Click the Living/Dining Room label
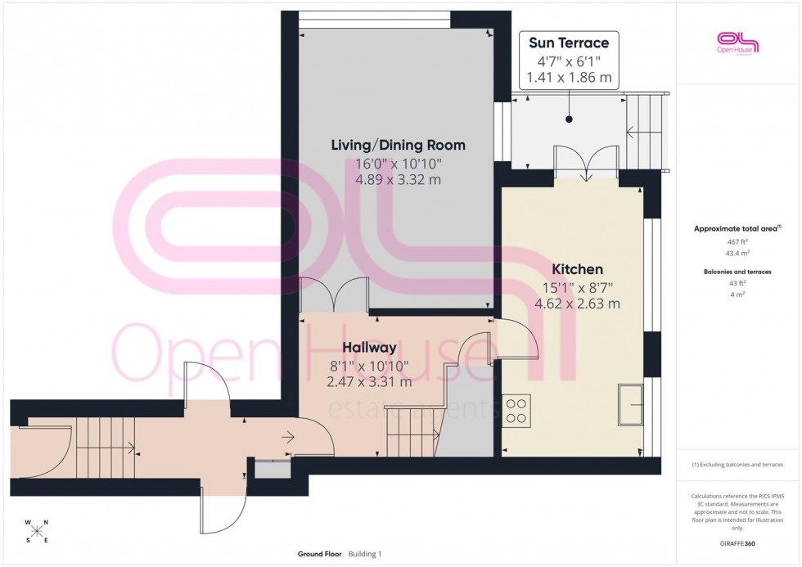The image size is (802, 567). [x=398, y=145]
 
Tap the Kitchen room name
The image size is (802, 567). [x=577, y=269]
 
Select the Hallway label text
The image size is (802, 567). [x=370, y=348]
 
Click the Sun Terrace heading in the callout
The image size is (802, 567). [x=568, y=43]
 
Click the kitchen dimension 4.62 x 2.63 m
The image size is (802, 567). [x=577, y=303]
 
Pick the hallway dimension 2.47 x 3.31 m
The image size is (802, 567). [x=370, y=381]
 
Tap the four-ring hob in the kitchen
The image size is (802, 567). [x=516, y=410]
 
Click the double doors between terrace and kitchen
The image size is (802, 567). [x=584, y=164]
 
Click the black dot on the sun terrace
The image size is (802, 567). [x=568, y=119]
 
